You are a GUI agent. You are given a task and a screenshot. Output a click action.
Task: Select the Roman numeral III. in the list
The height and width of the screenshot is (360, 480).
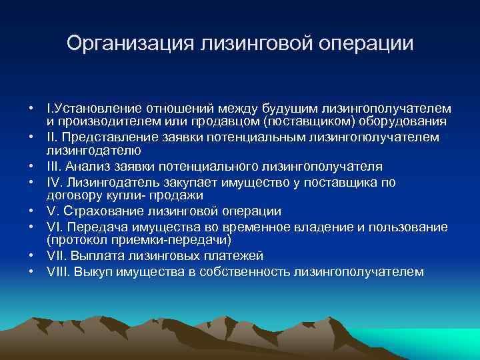(55, 166)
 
